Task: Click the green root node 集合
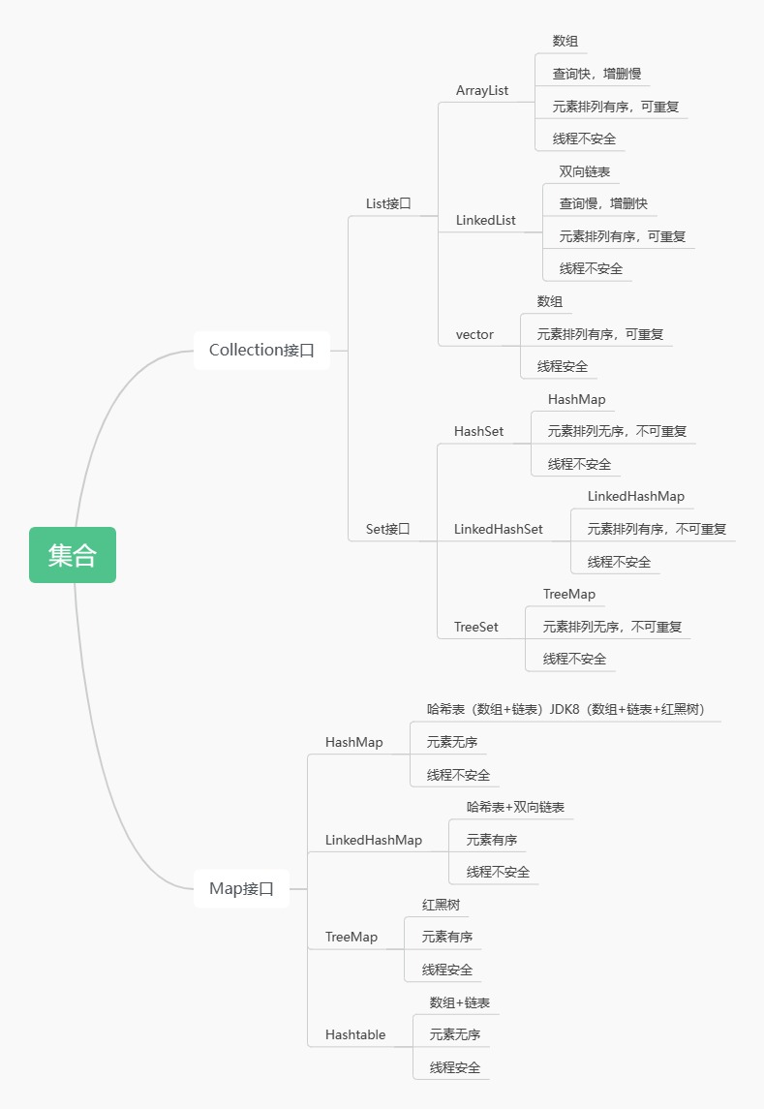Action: [73, 555]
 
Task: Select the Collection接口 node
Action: [261, 350]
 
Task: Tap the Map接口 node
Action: [241, 888]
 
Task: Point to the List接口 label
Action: [388, 203]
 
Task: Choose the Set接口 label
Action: [387, 529]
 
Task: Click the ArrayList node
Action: [482, 90]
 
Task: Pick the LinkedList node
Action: [485, 220]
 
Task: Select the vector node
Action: [474, 334]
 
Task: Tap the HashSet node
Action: [478, 431]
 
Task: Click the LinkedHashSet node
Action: [498, 529]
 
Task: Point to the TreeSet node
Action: [475, 627]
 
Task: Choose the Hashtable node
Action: [355, 1034]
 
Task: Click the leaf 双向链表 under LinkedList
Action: [584, 171]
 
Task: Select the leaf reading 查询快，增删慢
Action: [596, 74]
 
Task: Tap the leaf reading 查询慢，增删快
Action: [603, 203]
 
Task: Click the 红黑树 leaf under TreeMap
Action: [441, 905]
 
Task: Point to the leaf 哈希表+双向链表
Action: [515, 807]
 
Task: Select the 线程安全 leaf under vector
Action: [562, 366]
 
